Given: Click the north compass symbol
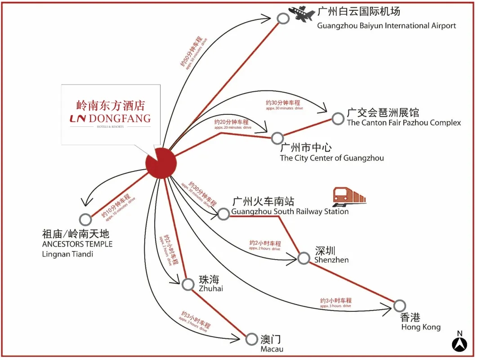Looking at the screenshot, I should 459,344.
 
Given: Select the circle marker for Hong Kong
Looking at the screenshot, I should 399,306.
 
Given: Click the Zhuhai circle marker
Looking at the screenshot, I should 188,284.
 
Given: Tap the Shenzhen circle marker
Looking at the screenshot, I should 304,258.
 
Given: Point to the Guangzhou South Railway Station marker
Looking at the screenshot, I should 223,214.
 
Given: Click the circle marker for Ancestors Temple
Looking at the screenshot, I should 85,219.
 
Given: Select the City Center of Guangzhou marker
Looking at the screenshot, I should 277,138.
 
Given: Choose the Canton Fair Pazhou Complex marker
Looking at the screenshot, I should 338,118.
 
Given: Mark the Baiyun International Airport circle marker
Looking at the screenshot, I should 283,18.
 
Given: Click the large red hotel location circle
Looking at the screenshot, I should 161,163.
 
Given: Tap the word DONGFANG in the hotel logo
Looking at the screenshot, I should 120,119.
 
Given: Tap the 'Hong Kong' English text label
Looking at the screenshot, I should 421,327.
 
